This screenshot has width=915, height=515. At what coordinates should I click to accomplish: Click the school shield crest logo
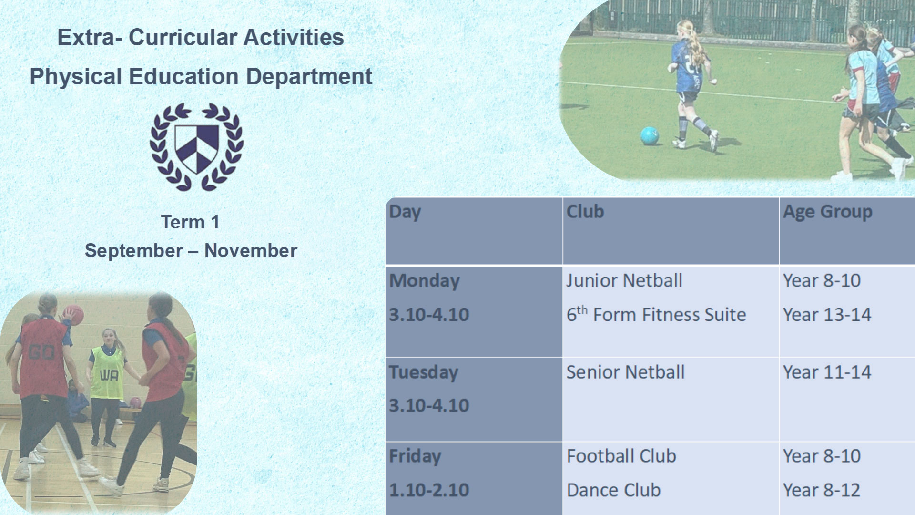[196, 147]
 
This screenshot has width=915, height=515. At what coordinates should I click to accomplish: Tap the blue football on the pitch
[650, 135]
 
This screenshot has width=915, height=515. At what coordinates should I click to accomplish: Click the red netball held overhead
[74, 315]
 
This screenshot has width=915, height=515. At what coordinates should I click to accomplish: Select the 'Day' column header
[405, 212]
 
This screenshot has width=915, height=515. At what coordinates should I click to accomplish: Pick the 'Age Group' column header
[828, 212]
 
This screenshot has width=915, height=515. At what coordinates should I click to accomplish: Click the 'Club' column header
[585, 211]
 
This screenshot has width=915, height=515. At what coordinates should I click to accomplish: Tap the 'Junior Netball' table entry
[624, 280]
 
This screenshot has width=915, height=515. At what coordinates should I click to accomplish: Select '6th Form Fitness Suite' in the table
[656, 314]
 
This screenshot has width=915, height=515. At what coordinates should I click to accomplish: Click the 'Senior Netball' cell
[625, 372]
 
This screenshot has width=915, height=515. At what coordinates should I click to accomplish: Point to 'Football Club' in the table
[621, 456]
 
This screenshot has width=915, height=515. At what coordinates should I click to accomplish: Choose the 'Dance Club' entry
[614, 490]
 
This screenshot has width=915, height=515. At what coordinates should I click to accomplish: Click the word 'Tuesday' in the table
[424, 372]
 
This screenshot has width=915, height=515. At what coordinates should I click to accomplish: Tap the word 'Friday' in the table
[415, 456]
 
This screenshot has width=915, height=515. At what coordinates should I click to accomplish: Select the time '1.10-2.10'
[429, 490]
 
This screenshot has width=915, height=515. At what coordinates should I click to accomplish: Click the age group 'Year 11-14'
[827, 372]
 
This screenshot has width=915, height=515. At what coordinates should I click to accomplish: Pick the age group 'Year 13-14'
[827, 315]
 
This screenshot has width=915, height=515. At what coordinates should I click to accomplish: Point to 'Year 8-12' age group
[822, 490]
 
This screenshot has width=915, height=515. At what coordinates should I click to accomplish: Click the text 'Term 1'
[190, 222]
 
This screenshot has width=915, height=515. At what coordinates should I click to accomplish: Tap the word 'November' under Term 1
[251, 251]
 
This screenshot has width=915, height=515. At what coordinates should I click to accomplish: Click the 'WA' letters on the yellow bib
[109, 376]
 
